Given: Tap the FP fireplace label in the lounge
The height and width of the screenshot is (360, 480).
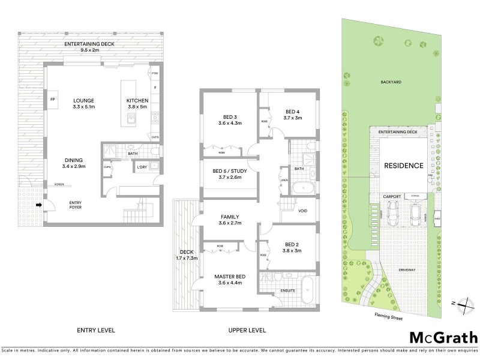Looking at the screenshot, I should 53,99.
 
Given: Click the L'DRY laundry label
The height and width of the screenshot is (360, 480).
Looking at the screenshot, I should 142,167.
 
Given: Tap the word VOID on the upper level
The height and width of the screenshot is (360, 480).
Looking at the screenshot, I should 302,211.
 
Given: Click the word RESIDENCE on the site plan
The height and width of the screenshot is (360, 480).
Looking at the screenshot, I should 404,166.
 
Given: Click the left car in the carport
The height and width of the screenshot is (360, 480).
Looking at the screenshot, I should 393,212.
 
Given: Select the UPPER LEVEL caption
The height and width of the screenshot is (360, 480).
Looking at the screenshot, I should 247,330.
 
